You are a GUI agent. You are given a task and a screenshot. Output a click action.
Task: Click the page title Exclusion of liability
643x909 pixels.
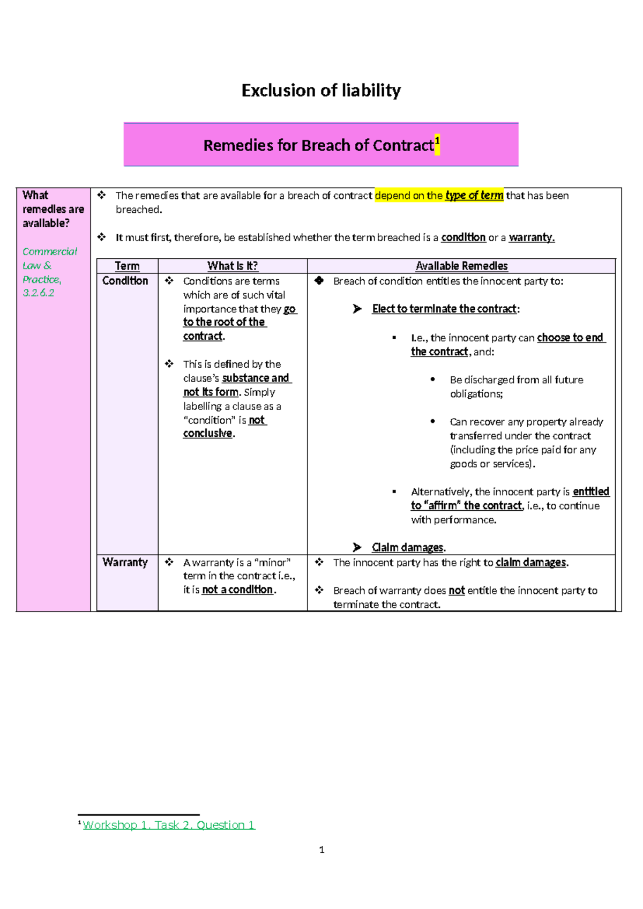click(321, 91)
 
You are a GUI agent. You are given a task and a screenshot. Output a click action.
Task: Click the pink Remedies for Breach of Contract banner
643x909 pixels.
click(320, 145)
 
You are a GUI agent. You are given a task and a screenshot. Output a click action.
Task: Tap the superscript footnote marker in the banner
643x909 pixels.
click(437, 141)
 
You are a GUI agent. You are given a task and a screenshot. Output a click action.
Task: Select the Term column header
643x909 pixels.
click(127, 266)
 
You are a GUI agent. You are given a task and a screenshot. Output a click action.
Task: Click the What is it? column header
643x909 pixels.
click(233, 266)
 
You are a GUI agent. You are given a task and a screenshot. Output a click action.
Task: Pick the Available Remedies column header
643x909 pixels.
click(461, 266)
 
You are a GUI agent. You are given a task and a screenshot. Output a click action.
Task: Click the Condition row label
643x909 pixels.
click(125, 281)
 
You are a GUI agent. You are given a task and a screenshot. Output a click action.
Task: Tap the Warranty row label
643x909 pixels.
click(125, 562)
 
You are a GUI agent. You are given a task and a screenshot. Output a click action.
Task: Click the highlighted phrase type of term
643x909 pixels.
click(474, 196)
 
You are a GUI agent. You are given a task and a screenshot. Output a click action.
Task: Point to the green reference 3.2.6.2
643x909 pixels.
click(39, 293)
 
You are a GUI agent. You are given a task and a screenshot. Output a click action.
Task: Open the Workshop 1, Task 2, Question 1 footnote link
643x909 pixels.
click(169, 825)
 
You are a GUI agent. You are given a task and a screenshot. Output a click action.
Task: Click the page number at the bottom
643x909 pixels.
click(322, 850)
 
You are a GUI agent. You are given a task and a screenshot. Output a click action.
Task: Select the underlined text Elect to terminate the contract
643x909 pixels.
click(444, 309)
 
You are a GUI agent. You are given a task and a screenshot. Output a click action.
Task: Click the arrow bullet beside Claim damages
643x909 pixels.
click(357, 547)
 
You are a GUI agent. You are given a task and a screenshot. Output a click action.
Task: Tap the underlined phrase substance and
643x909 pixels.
click(256, 378)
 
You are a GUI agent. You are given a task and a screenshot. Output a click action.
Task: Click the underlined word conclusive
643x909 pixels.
click(208, 434)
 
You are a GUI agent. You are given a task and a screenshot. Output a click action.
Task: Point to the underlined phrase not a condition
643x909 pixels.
click(238, 590)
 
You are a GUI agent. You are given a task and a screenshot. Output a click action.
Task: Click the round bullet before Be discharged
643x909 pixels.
click(432, 379)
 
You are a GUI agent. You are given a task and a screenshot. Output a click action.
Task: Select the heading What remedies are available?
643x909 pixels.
click(53, 209)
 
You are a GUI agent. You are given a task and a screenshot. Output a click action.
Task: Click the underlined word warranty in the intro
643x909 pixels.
click(532, 237)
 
